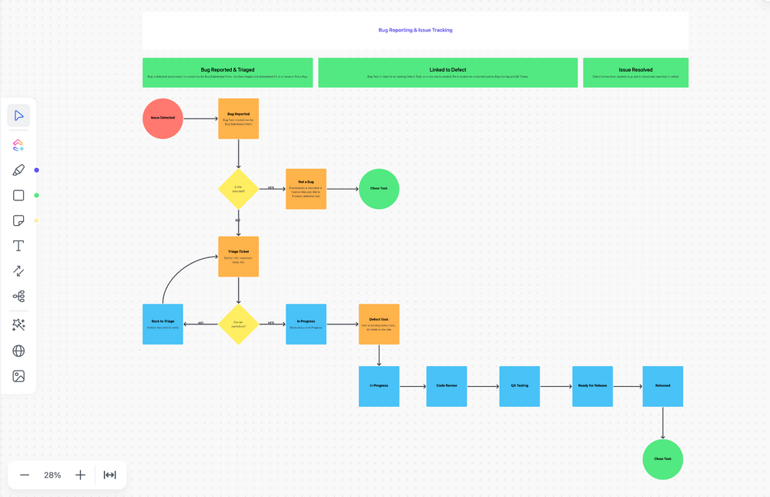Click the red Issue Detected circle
click(162, 119)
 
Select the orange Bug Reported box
click(238, 119)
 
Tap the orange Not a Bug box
click(306, 189)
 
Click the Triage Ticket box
click(238, 257)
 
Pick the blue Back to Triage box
click(162, 324)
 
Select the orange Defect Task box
click(379, 324)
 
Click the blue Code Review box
click(447, 386)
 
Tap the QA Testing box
click(520, 386)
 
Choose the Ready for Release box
click(592, 386)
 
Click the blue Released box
click(662, 386)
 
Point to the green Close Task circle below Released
click(662, 459)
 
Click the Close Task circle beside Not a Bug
click(379, 189)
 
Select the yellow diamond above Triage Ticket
click(238, 189)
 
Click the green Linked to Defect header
click(447, 72)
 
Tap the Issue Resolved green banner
click(635, 72)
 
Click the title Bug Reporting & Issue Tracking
click(415, 30)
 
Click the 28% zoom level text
click(52, 475)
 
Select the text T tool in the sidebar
click(18, 246)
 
